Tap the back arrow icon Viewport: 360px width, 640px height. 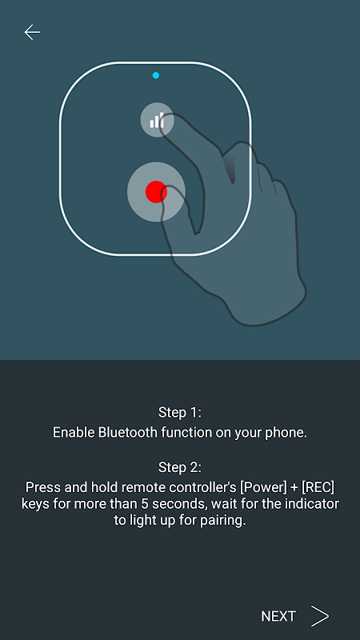(x=32, y=32)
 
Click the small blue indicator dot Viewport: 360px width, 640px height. (x=155, y=75)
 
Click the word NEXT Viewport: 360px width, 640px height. (x=278, y=616)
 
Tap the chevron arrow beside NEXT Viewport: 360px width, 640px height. (x=320, y=616)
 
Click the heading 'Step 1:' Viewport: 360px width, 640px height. (x=180, y=413)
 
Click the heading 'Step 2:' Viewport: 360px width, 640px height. (x=180, y=467)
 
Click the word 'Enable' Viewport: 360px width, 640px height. (x=74, y=433)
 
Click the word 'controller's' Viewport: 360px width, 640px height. (x=206, y=487)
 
